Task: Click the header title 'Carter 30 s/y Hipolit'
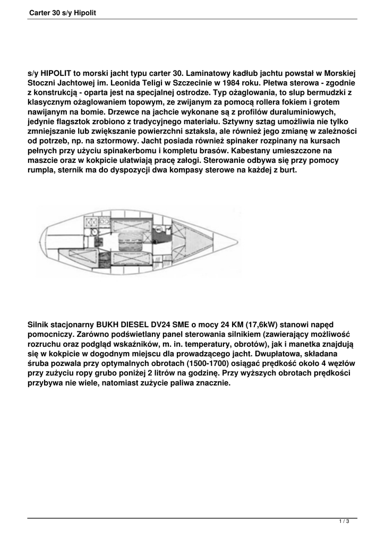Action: pyautogui.click(x=63, y=12)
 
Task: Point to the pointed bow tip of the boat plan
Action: pyautogui.click(x=237, y=242)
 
